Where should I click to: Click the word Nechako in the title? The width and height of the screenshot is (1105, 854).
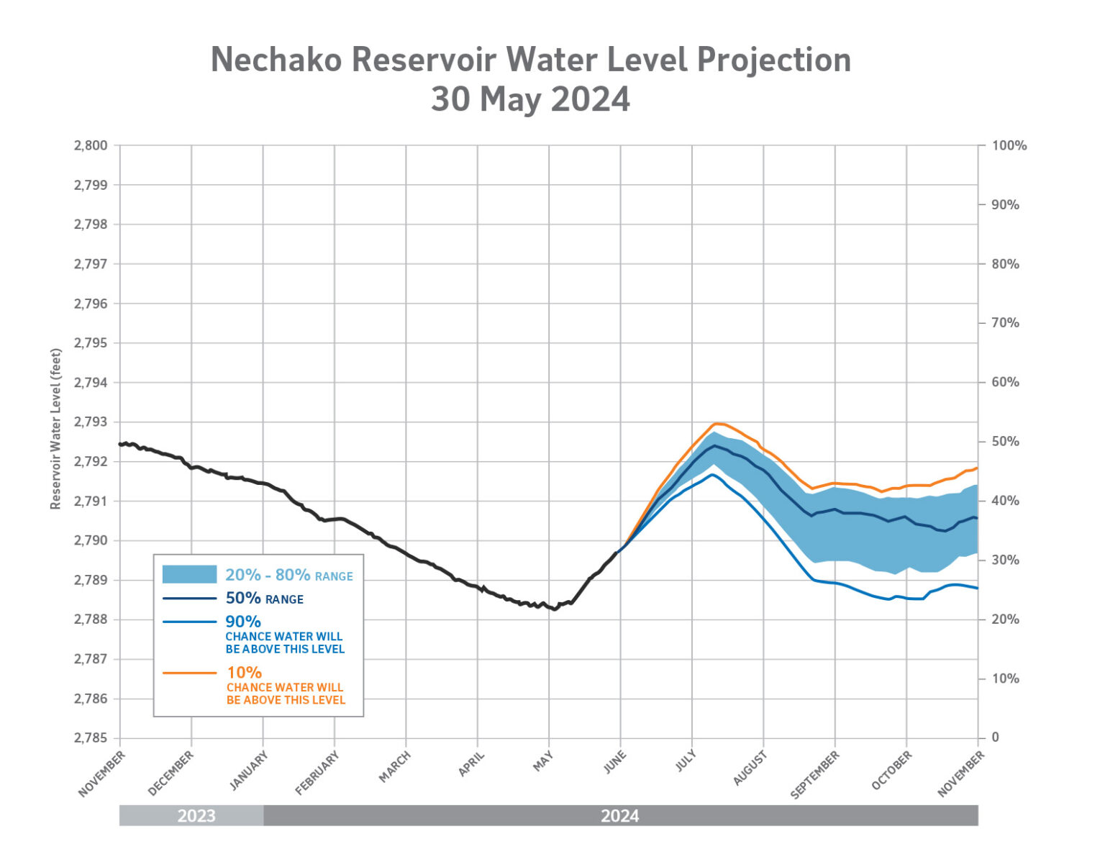[276, 60]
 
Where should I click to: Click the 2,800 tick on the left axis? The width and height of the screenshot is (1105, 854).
[91, 145]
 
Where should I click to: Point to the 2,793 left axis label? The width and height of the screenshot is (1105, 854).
[91, 422]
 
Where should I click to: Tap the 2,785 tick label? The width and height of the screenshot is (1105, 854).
[91, 737]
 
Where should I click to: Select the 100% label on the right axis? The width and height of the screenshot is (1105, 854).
[1009, 145]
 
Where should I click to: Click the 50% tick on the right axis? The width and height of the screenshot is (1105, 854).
[1005, 441]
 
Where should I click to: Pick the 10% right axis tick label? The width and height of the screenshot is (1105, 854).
[1005, 678]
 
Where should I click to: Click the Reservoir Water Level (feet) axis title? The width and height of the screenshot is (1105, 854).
[55, 429]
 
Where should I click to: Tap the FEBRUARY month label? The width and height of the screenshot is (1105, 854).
[317, 773]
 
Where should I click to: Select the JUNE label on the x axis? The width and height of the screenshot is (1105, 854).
[615, 762]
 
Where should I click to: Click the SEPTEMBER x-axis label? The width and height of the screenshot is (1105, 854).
[815, 775]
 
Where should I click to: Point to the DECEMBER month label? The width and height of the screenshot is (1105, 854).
[171, 773]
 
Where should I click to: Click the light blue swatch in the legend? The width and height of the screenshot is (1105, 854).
[189, 574]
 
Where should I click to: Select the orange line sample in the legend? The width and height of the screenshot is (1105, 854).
[189, 673]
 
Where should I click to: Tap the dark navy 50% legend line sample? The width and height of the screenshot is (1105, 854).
[189, 598]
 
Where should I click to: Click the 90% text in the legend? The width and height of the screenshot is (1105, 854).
[243, 621]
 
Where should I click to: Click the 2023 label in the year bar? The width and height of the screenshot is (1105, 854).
[196, 816]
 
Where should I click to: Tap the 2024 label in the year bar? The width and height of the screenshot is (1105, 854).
[620, 816]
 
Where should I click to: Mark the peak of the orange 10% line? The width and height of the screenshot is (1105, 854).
[717, 423]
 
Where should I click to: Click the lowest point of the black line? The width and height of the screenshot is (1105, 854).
[555, 609]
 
